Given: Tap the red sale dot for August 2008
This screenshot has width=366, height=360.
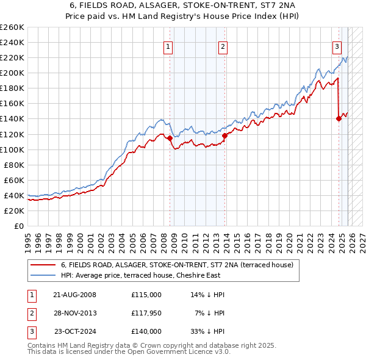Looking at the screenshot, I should coord(170,138).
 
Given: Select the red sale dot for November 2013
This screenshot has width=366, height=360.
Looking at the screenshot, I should coord(224,135).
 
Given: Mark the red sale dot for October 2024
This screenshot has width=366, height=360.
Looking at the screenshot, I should coord(339,119).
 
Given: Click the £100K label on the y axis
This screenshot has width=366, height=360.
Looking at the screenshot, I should coord(12,149).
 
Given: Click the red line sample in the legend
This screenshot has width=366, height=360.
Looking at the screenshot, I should coord(43,265).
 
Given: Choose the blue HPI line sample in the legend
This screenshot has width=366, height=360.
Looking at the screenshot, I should coord(43,275).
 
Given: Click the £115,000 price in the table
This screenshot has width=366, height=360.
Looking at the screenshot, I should coord(146,295).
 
